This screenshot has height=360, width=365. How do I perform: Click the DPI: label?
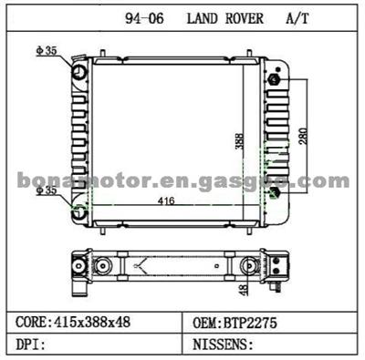point(33,345)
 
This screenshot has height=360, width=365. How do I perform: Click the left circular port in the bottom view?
point(79,267)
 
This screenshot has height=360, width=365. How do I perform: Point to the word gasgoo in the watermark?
point(252,181)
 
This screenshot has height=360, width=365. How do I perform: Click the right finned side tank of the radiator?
point(273,137)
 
